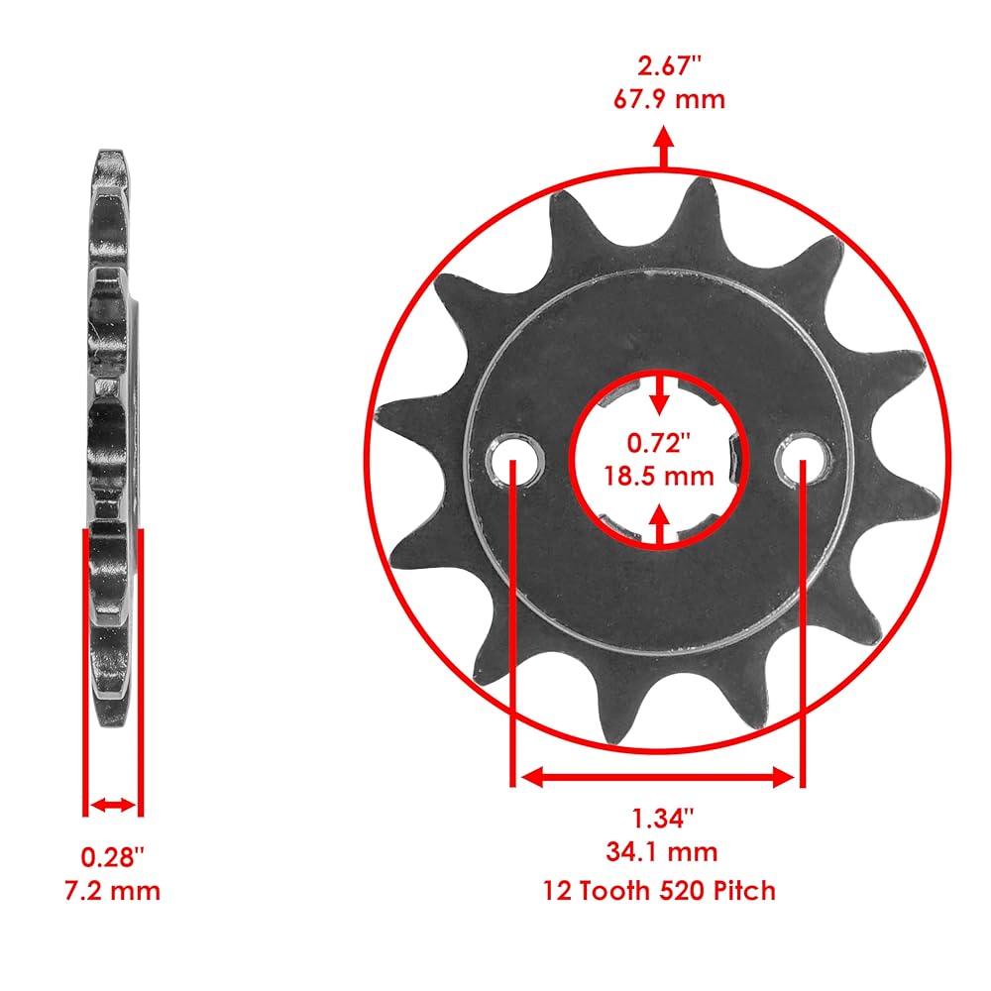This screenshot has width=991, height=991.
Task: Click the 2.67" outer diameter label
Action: tap(669, 66)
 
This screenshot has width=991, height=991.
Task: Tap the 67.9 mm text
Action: tap(669, 100)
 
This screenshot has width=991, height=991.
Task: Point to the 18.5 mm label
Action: tap(659, 476)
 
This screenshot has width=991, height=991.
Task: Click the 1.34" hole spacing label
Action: tap(662, 819)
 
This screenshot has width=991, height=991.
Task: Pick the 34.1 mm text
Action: tap(662, 852)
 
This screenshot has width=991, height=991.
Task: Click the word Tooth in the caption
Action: tap(615, 891)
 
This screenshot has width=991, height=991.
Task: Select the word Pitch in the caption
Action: tap(744, 891)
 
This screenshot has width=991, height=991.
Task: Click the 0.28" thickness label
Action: tap(113, 857)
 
